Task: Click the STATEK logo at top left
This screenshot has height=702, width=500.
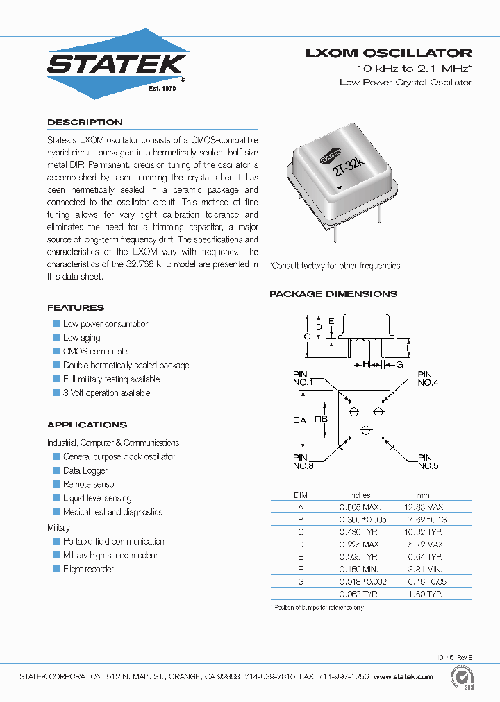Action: [x=117, y=65]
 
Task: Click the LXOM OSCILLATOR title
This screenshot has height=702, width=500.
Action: [x=389, y=53]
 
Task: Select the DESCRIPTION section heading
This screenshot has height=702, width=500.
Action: [x=85, y=122]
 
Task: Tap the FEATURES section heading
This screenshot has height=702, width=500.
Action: [x=76, y=308]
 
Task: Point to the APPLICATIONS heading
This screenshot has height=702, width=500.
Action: [x=87, y=425]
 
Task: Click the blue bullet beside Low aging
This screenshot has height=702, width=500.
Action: [x=57, y=338]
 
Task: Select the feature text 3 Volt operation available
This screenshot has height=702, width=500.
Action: [x=106, y=393]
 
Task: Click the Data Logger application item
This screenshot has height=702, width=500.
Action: [x=85, y=471]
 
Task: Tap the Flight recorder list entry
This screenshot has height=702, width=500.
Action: [x=88, y=570]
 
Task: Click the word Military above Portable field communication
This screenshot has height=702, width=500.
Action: [x=58, y=528]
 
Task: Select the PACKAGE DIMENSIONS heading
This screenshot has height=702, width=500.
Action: [x=333, y=294]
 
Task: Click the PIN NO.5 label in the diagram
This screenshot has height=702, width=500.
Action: [x=428, y=462]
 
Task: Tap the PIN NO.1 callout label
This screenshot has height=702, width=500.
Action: [x=303, y=379]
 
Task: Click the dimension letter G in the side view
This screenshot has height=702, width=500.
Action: [x=400, y=363]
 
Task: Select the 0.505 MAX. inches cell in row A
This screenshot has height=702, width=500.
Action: [x=360, y=508]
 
